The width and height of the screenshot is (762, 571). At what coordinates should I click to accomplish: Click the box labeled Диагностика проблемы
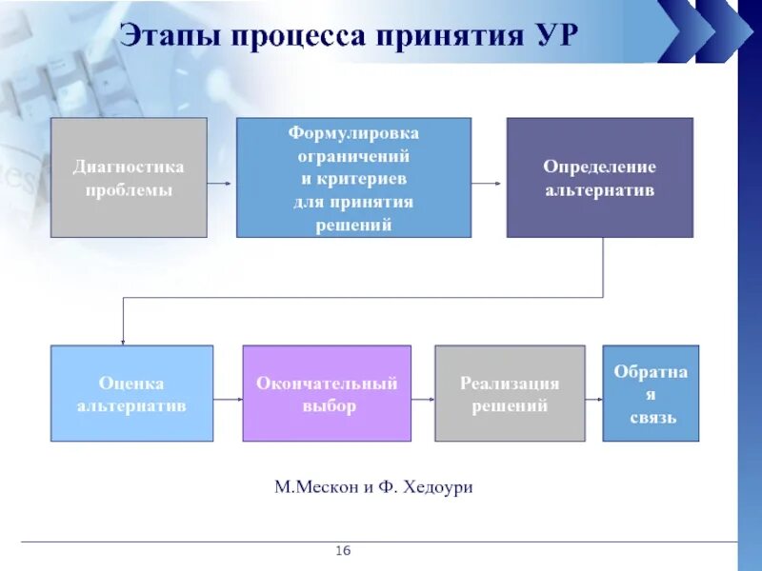[x=129, y=177]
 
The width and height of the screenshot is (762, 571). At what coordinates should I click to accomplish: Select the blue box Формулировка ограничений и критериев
[x=353, y=177]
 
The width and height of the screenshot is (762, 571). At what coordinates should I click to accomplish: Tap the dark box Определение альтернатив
[x=599, y=177]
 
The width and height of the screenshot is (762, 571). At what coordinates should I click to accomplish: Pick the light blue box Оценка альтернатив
[x=131, y=393]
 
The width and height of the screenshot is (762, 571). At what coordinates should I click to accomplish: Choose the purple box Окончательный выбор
[x=327, y=393]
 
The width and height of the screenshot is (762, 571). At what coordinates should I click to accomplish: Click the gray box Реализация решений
[x=510, y=393]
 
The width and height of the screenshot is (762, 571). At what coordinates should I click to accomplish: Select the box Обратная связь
[x=651, y=393]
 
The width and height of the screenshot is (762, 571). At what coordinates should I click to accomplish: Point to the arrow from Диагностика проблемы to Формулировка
[x=220, y=182]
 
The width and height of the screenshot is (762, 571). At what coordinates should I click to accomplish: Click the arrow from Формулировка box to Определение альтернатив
[x=488, y=182]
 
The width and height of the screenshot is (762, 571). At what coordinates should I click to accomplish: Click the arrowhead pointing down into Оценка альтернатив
[x=122, y=340]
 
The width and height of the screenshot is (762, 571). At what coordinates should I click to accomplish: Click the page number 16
[x=343, y=552]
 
